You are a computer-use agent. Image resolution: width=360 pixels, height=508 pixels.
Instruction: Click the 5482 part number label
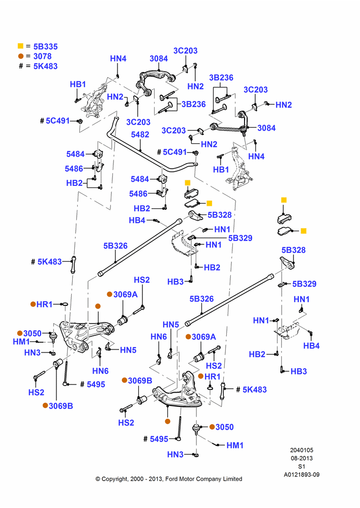(140, 135)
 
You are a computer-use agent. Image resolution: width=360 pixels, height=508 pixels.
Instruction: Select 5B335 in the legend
(45, 46)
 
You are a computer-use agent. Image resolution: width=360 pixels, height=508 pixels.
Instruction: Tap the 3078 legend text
(43, 56)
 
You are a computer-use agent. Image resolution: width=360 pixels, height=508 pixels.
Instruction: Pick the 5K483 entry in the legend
(45, 66)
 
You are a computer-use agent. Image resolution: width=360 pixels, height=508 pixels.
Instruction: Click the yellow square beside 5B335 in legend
(20, 46)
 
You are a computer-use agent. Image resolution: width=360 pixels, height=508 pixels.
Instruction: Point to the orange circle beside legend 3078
(21, 56)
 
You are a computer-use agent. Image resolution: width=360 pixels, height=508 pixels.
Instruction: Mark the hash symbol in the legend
(21, 66)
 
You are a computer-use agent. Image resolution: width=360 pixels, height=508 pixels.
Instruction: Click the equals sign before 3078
(28, 56)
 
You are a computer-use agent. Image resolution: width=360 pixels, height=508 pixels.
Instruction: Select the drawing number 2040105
(302, 450)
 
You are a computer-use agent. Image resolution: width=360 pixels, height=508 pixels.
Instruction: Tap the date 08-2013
(302, 458)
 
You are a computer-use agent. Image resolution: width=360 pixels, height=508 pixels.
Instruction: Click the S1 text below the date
(302, 466)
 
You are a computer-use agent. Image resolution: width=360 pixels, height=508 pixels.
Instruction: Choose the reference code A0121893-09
(302, 474)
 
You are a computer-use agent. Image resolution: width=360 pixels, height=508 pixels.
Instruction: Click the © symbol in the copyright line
(98, 479)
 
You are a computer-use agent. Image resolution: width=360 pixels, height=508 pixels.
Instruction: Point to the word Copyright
(115, 479)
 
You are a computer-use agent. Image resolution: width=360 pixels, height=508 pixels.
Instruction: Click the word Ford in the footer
(172, 479)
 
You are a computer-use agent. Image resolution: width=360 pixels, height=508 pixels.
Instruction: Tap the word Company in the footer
(209, 479)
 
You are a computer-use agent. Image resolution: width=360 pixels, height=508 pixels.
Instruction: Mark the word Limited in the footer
(232, 479)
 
